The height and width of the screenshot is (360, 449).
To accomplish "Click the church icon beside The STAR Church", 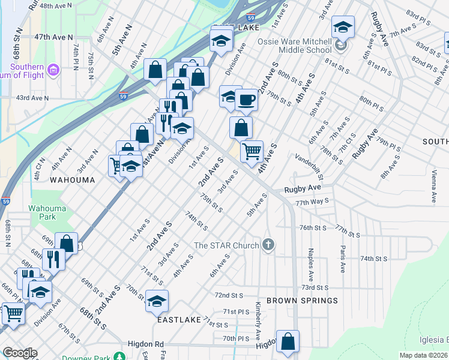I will (x=268, y=245).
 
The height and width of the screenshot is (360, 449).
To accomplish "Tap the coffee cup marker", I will (x=246, y=100).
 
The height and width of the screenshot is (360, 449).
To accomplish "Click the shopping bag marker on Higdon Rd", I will (x=288, y=341).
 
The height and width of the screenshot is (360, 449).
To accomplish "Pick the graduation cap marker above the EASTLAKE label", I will (x=157, y=301).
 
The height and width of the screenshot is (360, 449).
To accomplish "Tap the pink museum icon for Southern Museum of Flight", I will (x=53, y=71).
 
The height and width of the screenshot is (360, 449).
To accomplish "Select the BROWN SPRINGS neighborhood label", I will (x=302, y=300).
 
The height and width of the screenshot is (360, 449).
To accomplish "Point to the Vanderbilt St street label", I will (x=310, y=166).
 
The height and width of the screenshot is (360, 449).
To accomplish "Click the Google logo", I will (x=19, y=353).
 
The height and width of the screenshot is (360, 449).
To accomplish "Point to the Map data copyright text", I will (x=424, y=355).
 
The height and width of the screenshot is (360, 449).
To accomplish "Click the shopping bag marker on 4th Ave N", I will (x=155, y=69).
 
